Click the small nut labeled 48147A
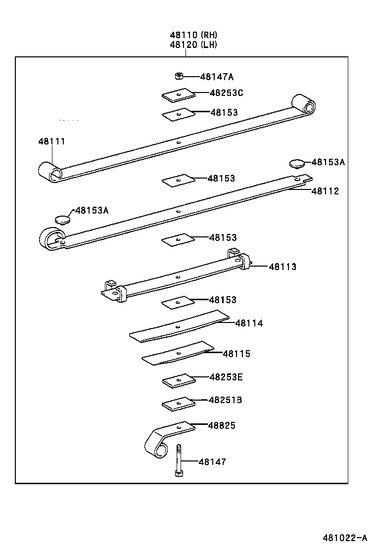pyautogui.click(x=179, y=76)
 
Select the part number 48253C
pyautogui.click(x=226, y=92)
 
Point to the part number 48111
pyautogui.click(x=51, y=141)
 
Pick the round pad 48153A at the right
pyautogui.click(x=296, y=163)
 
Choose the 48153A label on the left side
pyautogui.click(x=92, y=210)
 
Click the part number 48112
pyautogui.click(x=325, y=191)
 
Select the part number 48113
pyautogui.click(x=282, y=267)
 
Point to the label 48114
pyautogui.click(x=249, y=323)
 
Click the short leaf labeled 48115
pyautogui.click(x=178, y=353)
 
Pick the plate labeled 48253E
pyautogui.click(x=178, y=380)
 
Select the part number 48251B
pyautogui.click(x=225, y=400)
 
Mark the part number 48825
pyautogui.click(x=222, y=425)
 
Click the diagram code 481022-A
pyautogui.click(x=345, y=538)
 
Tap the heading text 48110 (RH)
pyautogui.click(x=193, y=35)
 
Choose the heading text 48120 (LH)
pyautogui.click(x=193, y=45)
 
